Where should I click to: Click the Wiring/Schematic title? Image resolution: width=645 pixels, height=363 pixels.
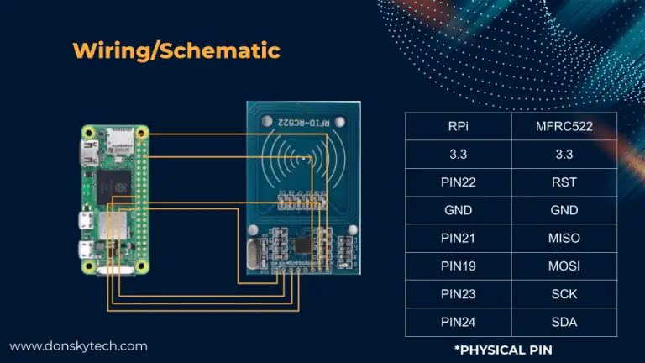[176, 50]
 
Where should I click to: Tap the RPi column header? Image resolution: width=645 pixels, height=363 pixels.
[459, 127]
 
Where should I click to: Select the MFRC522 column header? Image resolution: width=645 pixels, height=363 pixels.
[564, 127]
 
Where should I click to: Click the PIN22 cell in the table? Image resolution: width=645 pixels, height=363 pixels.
[459, 182]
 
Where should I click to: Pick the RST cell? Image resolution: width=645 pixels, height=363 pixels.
[564, 182]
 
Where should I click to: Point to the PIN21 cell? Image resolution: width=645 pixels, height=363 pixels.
[459, 239]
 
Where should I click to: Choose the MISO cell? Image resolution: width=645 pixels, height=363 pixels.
[564, 239]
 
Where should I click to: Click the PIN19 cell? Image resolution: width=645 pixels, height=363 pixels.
[459, 266]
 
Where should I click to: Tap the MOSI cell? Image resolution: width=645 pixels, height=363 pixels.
[564, 266]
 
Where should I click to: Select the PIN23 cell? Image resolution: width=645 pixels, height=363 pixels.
[459, 294]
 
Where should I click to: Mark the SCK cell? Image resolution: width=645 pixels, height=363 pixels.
[564, 294]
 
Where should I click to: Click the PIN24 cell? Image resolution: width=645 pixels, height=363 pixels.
[459, 322]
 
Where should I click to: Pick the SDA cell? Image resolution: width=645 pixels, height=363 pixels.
[564, 322]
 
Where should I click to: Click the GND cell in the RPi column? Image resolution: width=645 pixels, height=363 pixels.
[459, 211]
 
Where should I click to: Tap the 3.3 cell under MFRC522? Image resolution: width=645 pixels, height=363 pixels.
[564, 155]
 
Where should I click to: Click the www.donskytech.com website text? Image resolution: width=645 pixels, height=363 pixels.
[78, 345]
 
